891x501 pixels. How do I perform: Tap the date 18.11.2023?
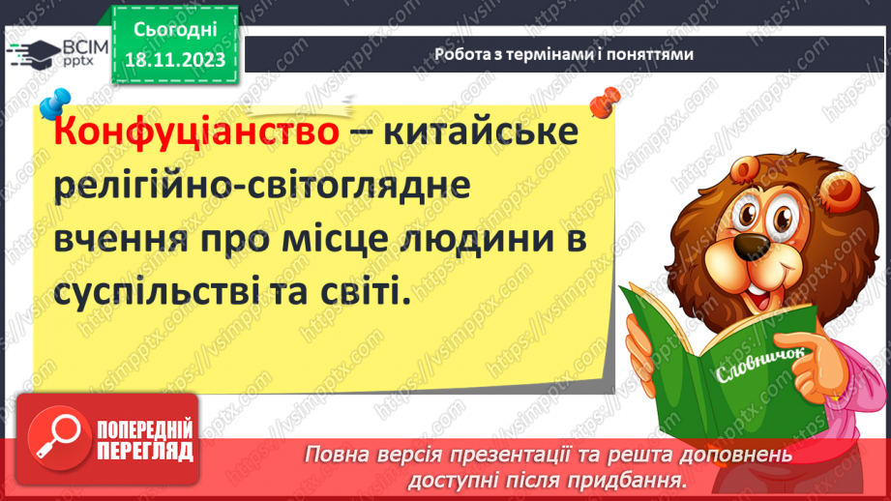174,61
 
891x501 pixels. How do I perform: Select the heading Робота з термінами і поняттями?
564,54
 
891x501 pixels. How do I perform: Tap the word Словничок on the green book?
750,367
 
